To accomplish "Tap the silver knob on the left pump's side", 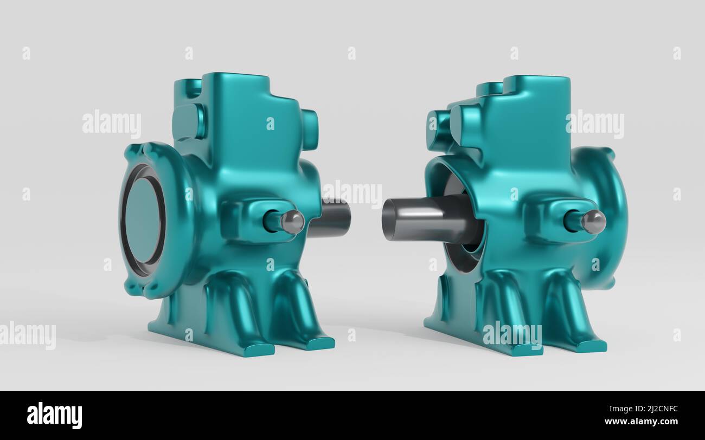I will click(292, 222).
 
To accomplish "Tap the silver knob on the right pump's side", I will click(593, 222).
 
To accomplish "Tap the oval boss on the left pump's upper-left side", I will click(189, 121).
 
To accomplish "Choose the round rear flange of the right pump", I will click(602, 217).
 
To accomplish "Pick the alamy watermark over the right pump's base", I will click(512, 334).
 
